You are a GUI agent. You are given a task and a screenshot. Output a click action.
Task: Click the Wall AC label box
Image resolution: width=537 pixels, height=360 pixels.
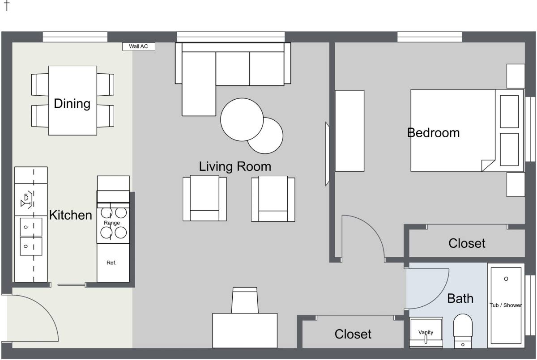click(139, 47)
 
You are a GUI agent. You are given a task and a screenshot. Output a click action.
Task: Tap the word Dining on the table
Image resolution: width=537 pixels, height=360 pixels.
click(72, 104)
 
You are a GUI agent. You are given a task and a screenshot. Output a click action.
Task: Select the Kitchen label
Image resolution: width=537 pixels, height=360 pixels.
click(71, 215)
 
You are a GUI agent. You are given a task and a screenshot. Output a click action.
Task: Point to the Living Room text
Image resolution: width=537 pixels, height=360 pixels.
click(235, 166)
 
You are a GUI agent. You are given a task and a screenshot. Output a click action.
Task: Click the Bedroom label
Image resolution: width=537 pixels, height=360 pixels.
click(434, 133)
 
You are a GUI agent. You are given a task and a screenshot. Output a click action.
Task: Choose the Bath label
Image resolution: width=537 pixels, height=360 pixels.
click(460, 298)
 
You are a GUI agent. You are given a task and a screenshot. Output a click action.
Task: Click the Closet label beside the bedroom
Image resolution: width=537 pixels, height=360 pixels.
click(467, 243)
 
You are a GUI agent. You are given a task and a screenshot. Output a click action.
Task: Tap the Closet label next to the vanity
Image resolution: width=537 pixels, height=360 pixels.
click(353, 334)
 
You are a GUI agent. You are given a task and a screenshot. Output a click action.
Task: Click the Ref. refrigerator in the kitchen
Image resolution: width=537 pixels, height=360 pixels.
click(113, 263)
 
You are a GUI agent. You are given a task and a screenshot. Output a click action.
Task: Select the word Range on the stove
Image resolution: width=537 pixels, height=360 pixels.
click(112, 223)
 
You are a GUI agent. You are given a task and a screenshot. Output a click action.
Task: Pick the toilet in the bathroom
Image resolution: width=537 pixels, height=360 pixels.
click(463, 331)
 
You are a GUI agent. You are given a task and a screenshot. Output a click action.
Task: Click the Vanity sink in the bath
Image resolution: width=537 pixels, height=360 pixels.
click(426, 332)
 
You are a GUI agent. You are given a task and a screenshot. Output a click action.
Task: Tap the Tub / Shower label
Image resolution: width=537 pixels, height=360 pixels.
click(506, 305)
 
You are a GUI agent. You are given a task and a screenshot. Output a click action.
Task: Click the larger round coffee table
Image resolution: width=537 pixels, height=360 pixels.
click(242, 119)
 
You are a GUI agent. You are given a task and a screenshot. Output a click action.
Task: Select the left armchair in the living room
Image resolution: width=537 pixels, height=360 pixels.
click(205, 198)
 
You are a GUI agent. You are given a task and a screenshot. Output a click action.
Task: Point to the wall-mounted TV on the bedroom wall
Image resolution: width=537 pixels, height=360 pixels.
click(327, 154)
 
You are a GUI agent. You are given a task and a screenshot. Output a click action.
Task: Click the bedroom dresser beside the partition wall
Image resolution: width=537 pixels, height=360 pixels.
click(349, 131)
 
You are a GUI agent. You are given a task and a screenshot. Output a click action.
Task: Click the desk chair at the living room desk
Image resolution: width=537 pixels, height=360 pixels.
click(245, 300)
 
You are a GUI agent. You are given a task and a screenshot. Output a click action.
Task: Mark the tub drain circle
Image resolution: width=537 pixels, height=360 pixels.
click(506, 279)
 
